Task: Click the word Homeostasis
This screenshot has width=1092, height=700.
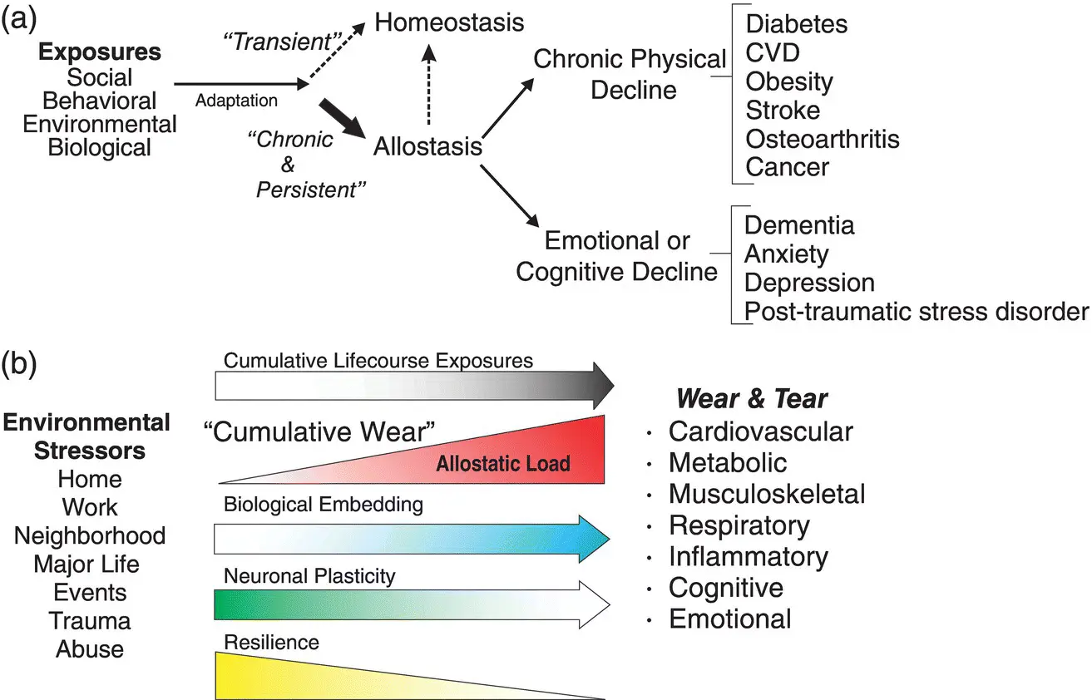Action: click(450, 22)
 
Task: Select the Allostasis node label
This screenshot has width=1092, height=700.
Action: click(428, 146)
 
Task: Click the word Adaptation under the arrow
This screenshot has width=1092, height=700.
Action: click(236, 101)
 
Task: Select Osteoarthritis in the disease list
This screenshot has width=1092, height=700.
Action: click(822, 138)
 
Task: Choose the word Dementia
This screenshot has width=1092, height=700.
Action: click(798, 225)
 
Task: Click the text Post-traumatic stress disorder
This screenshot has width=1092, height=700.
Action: click(916, 311)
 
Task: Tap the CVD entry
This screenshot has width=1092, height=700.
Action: click(773, 52)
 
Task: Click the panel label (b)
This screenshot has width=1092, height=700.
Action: click(22, 362)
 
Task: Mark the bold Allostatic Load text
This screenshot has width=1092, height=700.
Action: click(503, 463)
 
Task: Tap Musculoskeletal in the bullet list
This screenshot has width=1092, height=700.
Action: click(766, 494)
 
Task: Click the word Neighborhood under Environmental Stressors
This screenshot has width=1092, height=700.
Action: click(90, 535)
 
